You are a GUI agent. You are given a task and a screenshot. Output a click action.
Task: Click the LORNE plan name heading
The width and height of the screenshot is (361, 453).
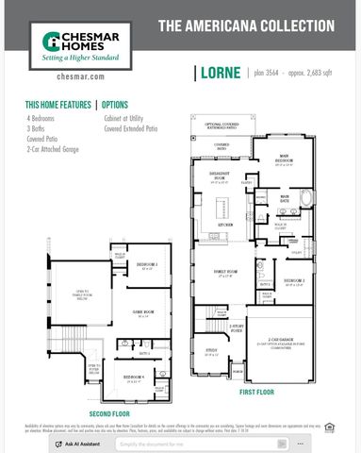[x=220, y=73]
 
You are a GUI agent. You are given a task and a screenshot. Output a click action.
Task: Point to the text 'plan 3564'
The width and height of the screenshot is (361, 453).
[x=266, y=72]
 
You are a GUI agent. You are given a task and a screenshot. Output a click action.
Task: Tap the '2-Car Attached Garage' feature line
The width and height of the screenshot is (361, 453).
[x=53, y=149]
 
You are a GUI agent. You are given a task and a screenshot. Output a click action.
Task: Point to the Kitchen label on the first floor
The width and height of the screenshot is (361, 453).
[x=226, y=225]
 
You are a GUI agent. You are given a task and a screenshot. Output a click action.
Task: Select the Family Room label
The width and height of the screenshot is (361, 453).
[x=226, y=274]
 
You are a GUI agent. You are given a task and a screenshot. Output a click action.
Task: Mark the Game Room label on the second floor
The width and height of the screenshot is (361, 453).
[x=143, y=314]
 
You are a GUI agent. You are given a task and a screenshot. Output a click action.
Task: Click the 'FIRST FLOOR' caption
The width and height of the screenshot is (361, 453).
[x=255, y=391]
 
